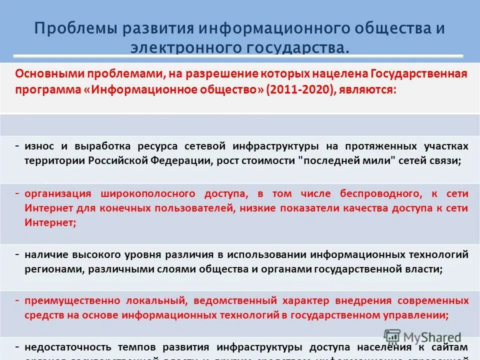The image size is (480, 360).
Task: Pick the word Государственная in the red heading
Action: [419, 74]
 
